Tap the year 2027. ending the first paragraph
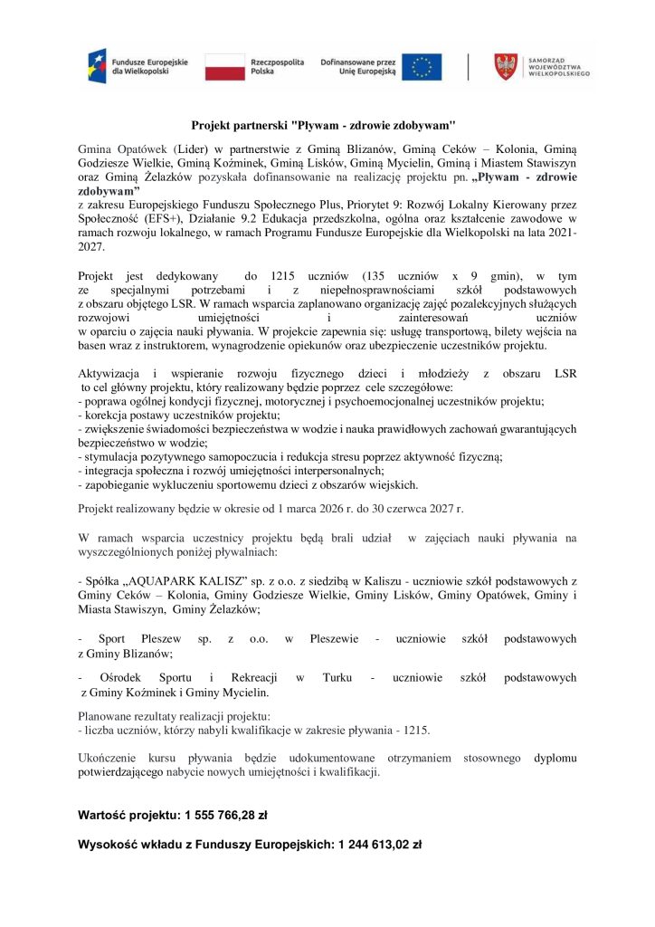(x=91, y=245)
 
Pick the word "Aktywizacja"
(x=110, y=373)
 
